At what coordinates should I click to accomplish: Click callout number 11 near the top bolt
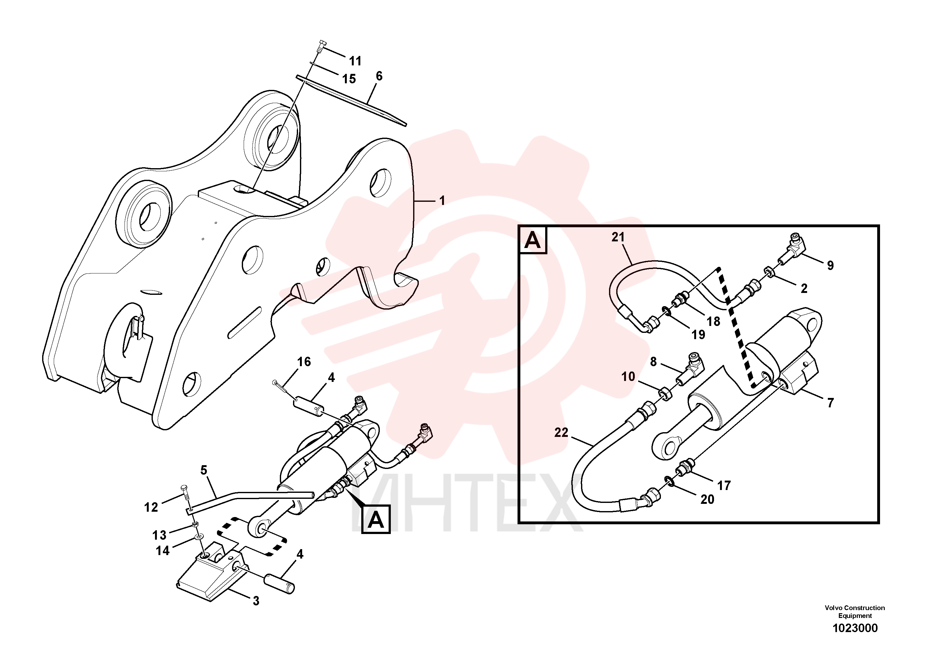(355, 61)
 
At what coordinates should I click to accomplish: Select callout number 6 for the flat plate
(379, 76)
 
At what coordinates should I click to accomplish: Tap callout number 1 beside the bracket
(442, 201)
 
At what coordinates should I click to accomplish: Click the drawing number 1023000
(855, 628)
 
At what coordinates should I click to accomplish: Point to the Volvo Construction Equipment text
(855, 612)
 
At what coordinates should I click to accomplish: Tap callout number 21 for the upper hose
(618, 237)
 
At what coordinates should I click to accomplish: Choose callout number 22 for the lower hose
(561, 432)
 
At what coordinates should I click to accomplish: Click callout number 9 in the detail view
(830, 266)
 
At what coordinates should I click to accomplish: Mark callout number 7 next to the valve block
(830, 403)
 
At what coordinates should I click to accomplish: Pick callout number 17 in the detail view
(724, 486)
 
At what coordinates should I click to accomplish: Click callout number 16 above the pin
(304, 362)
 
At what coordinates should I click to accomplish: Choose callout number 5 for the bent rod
(204, 470)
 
